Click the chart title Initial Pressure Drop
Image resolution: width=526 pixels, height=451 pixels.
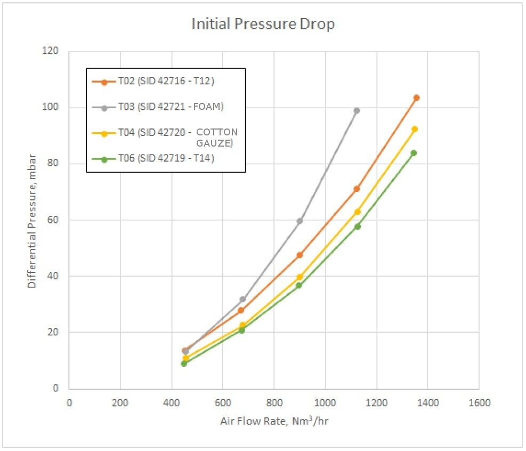(263, 25)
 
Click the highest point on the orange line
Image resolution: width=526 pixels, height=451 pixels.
(416, 98)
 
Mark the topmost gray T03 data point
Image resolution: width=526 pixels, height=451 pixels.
(357, 110)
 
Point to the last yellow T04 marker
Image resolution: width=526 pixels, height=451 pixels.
(415, 129)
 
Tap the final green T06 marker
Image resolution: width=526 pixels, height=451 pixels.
(414, 153)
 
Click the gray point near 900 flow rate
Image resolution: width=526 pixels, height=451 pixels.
(300, 221)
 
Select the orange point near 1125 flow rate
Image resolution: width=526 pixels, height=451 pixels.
(357, 189)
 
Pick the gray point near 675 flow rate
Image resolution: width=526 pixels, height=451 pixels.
(242, 299)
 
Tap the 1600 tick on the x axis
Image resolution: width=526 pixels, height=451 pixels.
(479, 403)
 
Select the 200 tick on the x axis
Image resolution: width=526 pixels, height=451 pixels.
(120, 403)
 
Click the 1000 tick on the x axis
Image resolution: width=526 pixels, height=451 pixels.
(325, 403)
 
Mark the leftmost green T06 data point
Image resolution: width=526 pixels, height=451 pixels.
(184, 364)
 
